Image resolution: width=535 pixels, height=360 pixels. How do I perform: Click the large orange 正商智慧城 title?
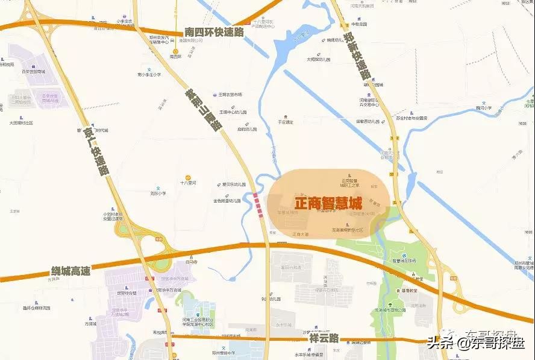coord(328,204)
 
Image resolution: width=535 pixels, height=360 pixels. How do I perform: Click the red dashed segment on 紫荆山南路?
coord(259,203)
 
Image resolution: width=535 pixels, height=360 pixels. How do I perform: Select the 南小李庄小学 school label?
coord(149,75)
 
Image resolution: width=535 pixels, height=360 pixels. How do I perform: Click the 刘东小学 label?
coord(158,194)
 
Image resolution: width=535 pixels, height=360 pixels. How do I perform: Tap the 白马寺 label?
coord(191,262)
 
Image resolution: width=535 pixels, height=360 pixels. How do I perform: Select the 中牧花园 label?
coord(359,25)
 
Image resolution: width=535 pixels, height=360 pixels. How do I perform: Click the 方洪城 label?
coord(90,324)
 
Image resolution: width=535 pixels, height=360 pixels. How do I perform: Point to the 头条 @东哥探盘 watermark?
coord(475,343)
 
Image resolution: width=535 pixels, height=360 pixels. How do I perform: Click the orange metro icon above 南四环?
coord(175,51)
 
